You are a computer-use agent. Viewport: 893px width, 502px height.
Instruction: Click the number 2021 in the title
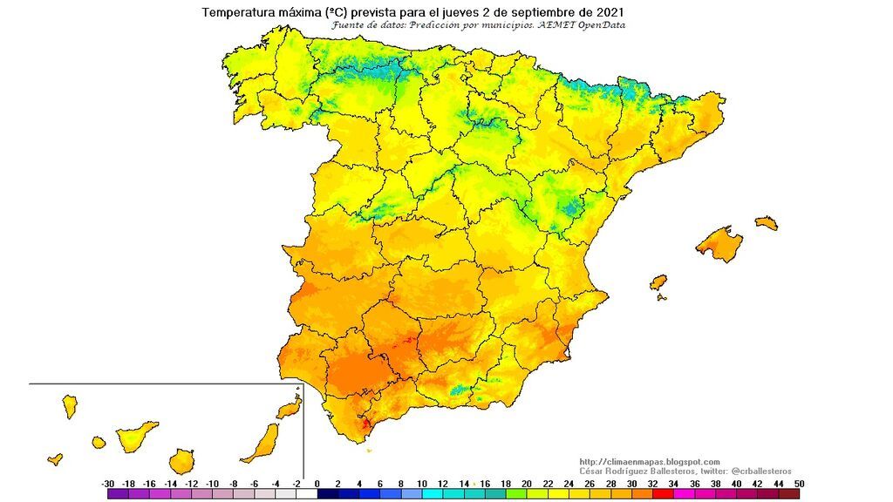(x=607, y=12)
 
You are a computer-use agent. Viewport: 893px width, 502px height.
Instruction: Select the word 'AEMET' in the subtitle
(x=553, y=25)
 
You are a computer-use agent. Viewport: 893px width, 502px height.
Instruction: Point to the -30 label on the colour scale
(x=107, y=483)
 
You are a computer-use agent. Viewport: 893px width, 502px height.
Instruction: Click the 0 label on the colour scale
(x=317, y=483)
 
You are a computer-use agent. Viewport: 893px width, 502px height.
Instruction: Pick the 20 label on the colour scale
(x=528, y=483)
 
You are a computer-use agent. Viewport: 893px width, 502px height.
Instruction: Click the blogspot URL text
(x=650, y=462)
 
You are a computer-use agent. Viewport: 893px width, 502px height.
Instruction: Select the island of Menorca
(x=767, y=223)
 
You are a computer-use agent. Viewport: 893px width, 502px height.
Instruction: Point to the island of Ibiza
(x=658, y=283)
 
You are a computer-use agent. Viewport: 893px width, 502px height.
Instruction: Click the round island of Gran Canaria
(x=181, y=460)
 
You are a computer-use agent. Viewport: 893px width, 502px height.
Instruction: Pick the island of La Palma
(x=69, y=406)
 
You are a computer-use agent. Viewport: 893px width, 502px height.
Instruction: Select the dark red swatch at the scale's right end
(x=789, y=494)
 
